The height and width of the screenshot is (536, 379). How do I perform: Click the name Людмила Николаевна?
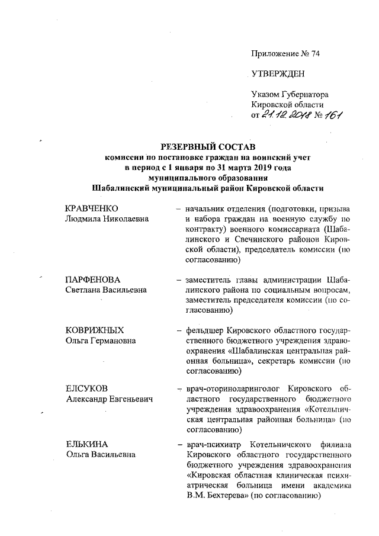[106, 219]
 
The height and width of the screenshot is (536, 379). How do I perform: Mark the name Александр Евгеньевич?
[109, 400]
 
